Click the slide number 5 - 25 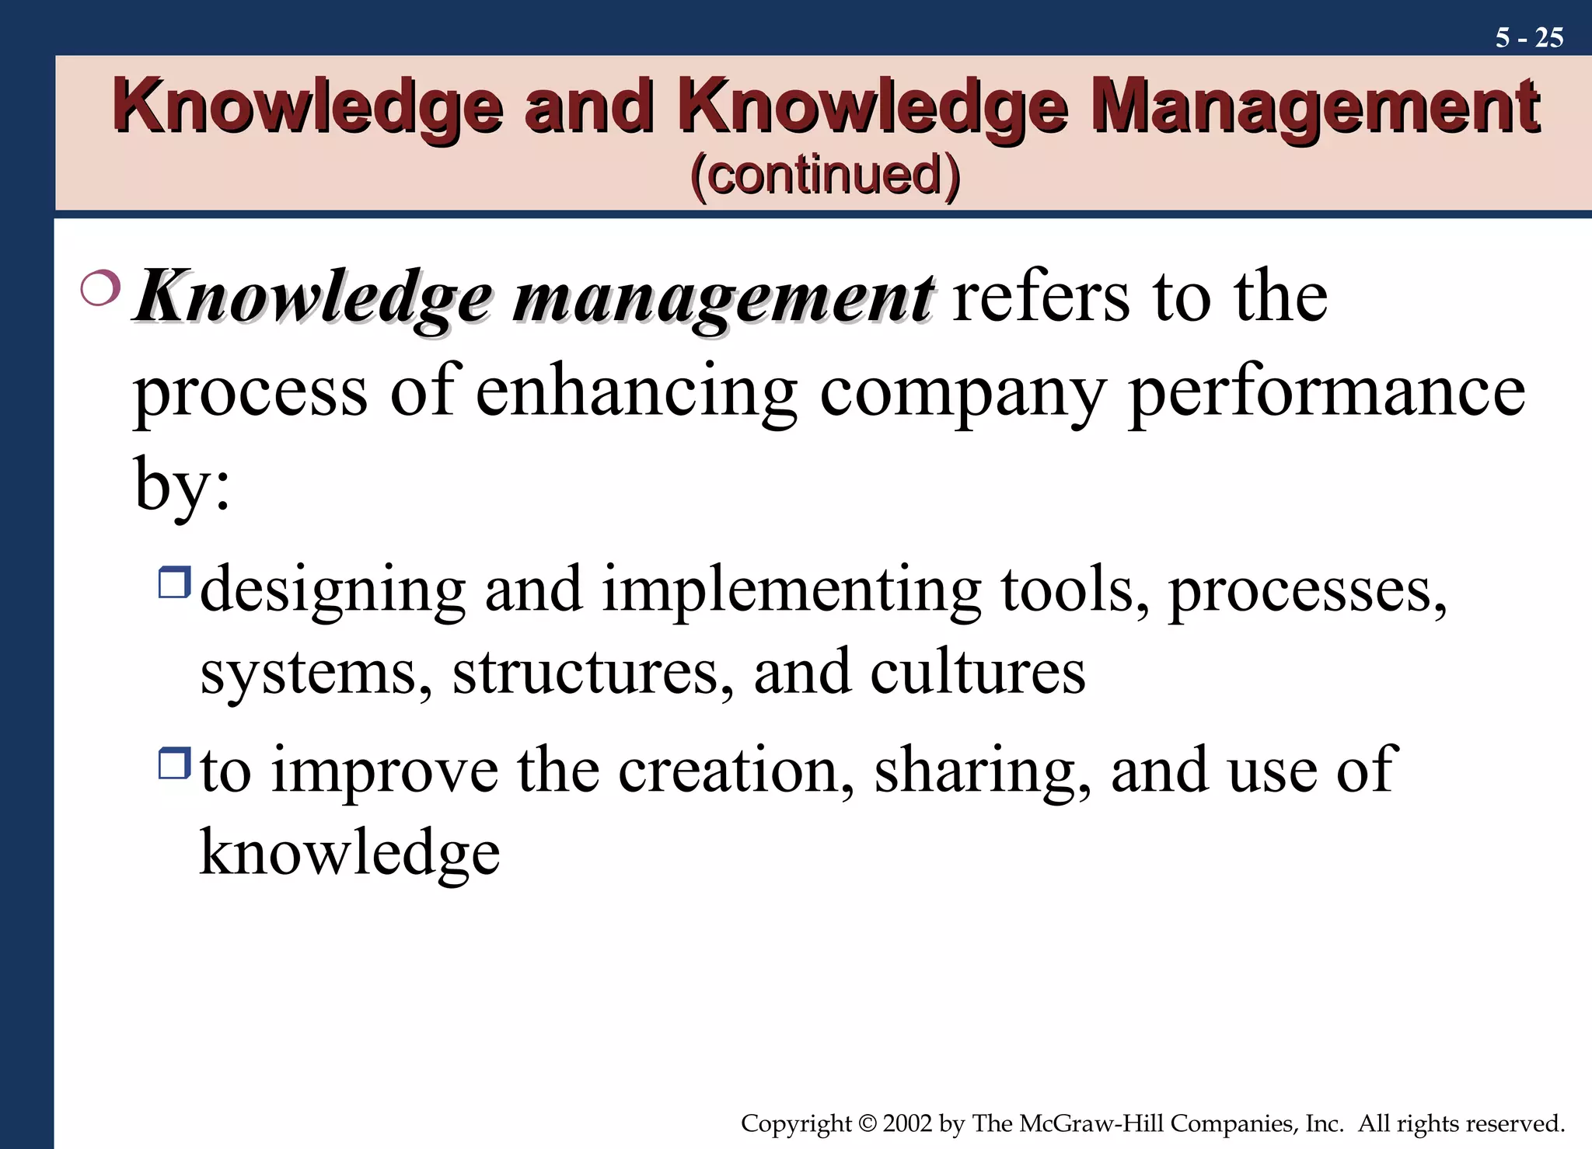coord(1528,38)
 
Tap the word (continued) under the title coord(825,175)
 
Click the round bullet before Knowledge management coord(100,287)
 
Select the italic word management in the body coord(722,299)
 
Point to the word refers coord(1041,298)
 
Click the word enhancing coord(636,392)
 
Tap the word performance coord(1326,392)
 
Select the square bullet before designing coord(174,582)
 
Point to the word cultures coord(977,672)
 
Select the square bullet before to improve coord(174,763)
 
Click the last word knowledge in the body coord(350,853)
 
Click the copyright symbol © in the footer coord(867,1123)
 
